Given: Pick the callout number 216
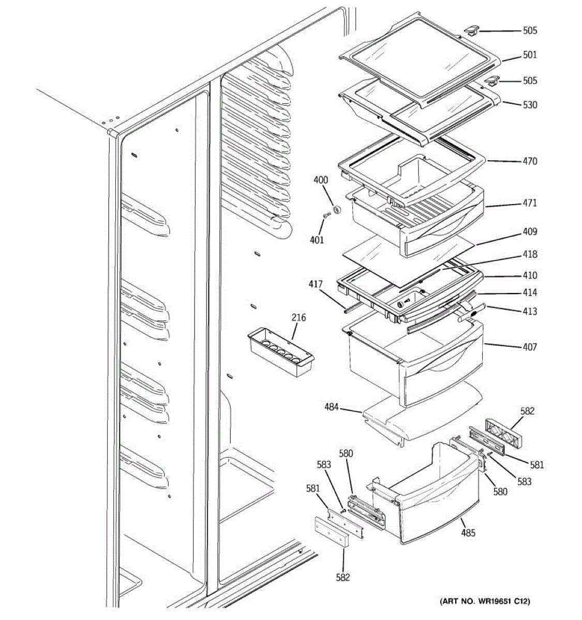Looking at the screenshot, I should pos(299,318).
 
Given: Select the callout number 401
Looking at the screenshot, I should pos(317,240).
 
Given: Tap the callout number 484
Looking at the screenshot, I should pos(332,407).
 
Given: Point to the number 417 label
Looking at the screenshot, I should pos(316,284).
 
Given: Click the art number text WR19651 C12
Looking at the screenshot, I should pos(485,601).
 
